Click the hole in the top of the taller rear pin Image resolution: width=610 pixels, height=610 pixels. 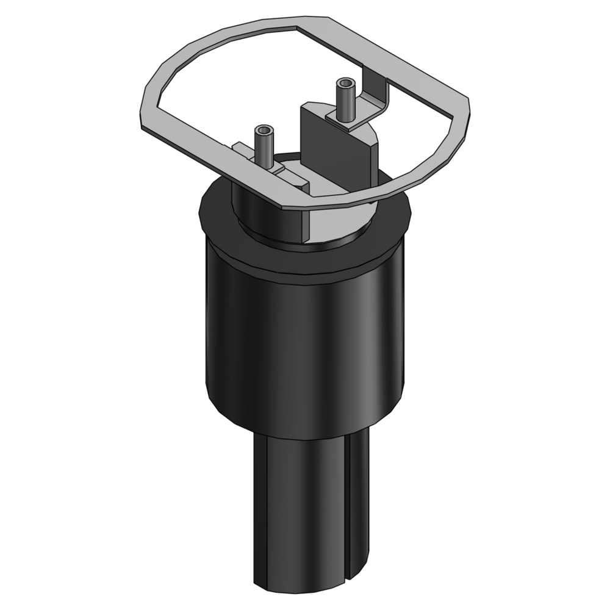coord(346,82)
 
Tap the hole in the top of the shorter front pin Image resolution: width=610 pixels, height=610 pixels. coord(264,131)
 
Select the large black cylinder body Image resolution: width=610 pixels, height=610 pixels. coord(305,342)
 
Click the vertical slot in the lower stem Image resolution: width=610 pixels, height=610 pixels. coord(346,506)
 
